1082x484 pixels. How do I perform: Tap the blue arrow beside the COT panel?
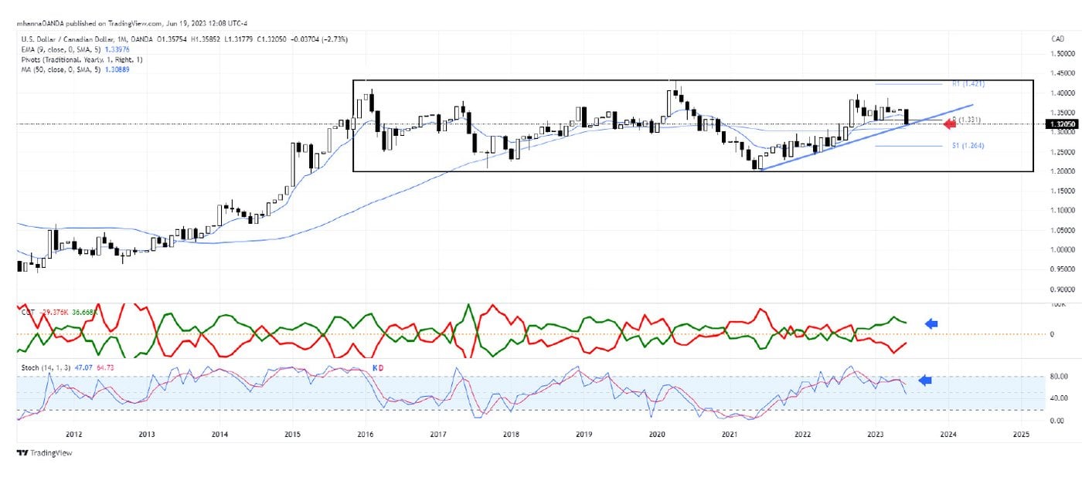(931, 324)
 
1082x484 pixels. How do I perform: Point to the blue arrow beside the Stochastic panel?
(924, 380)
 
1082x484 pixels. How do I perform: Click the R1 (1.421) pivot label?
(967, 83)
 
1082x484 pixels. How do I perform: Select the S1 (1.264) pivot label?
(967, 145)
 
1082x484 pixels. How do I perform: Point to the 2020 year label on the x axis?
(656, 435)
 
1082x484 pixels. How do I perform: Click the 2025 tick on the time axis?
(1020, 435)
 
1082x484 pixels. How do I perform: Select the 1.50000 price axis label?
(1058, 54)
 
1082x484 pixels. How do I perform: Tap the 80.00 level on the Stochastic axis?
(1057, 377)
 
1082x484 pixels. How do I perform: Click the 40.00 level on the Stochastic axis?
(1057, 398)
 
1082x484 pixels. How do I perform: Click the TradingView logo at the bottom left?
(45, 453)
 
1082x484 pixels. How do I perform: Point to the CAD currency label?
(1058, 39)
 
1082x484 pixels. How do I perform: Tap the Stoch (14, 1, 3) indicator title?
(45, 368)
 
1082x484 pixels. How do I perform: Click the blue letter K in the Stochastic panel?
(375, 368)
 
